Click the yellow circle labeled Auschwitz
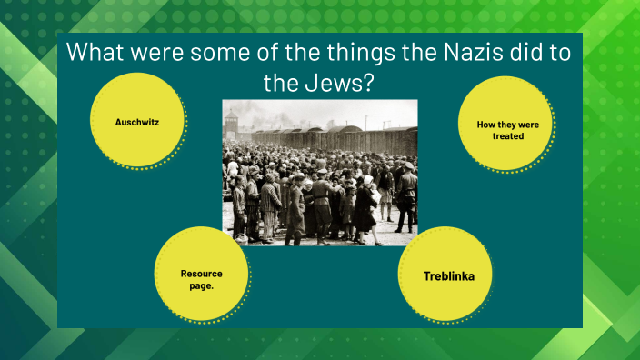click(138, 121)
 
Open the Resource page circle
click(201, 278)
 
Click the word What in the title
click(101, 53)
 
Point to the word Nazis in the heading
click(446, 53)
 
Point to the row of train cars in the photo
click(364, 138)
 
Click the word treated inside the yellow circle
click(503, 136)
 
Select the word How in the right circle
click(485, 125)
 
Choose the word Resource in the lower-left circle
click(201, 273)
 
